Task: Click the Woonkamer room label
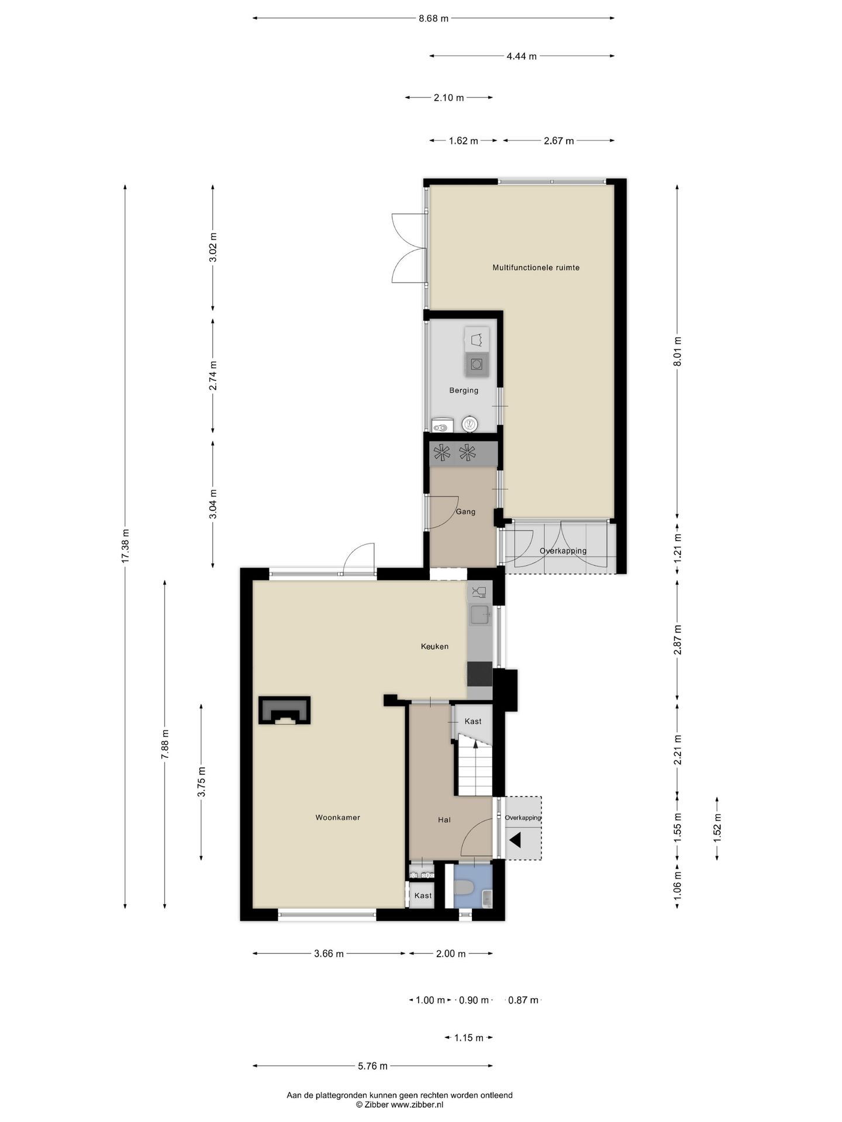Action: pos(337,818)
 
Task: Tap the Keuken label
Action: pos(434,646)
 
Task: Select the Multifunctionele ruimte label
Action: pos(536,268)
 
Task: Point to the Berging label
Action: pos(464,390)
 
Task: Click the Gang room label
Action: pos(465,512)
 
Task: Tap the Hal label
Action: pos(444,820)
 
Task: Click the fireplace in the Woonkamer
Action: pos(285,710)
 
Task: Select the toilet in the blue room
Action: pos(464,888)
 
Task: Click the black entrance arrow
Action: pos(515,841)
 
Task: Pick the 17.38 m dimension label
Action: pos(125,546)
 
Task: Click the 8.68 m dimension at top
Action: pos(433,18)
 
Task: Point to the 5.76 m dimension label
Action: pos(372,1066)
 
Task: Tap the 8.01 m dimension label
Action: pos(678,352)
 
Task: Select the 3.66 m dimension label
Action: pos(329,954)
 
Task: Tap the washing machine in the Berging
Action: pos(477,364)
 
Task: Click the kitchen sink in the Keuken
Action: pos(480,615)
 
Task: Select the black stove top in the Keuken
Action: pos(479,674)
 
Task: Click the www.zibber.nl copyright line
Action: pos(399,1104)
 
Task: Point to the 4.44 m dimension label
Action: pos(521,56)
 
